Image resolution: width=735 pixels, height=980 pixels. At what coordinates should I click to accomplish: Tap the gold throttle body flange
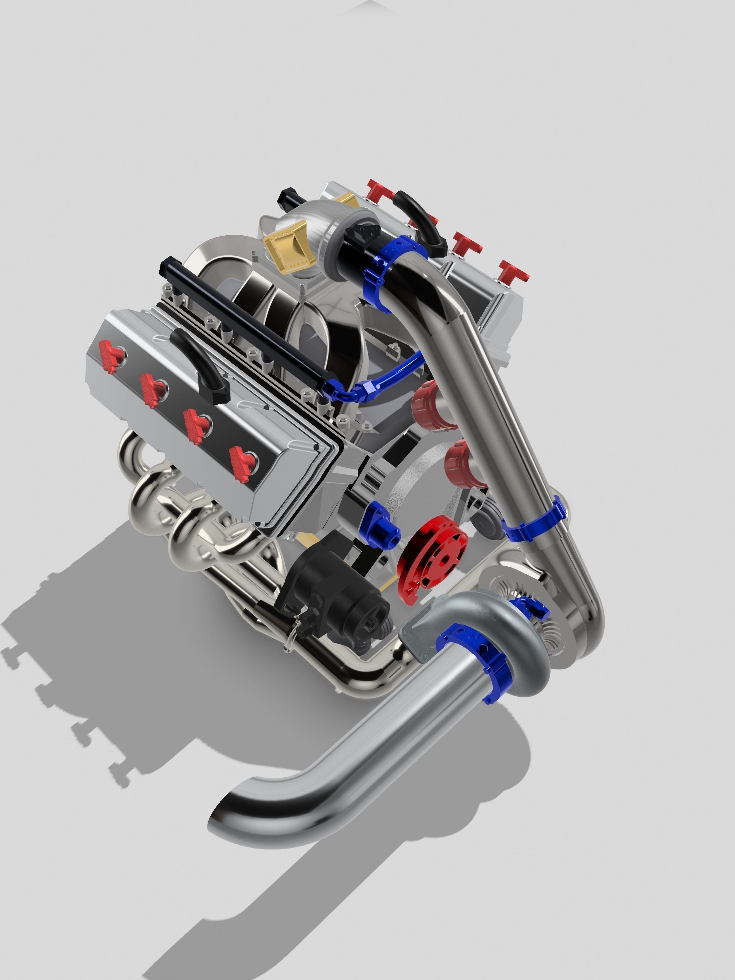pyautogui.click(x=286, y=246)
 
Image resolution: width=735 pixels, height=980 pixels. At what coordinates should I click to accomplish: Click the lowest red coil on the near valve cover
pyautogui.click(x=243, y=463)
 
